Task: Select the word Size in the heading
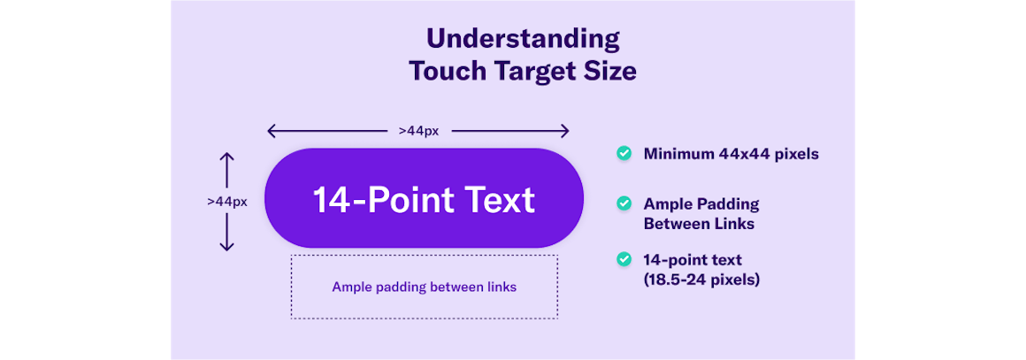point(611,71)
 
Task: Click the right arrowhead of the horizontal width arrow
point(563,132)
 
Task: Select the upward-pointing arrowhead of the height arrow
point(226,159)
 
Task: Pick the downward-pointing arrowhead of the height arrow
point(226,245)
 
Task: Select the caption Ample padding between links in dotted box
point(424,287)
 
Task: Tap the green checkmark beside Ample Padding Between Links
point(624,203)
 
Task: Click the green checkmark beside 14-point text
point(624,259)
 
